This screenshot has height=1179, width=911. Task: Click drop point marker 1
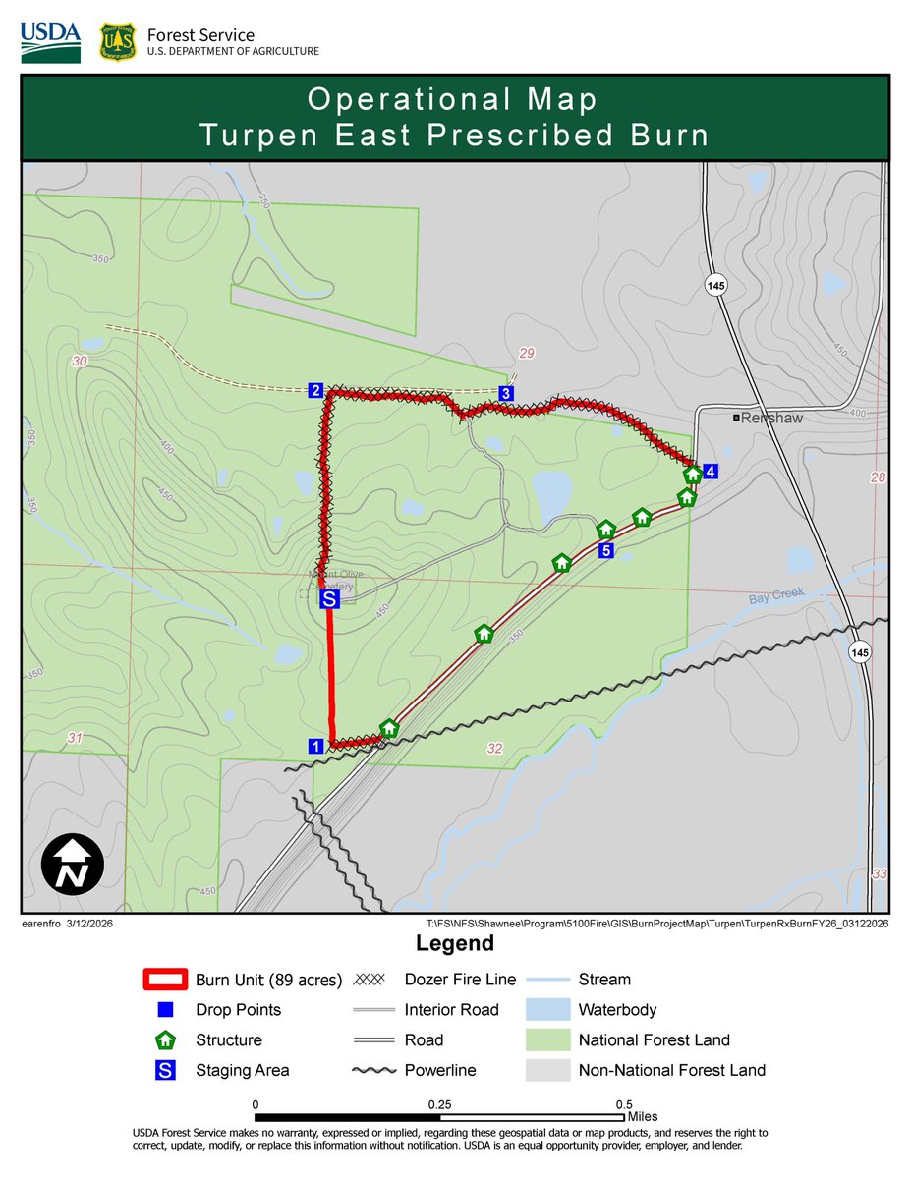pos(315,746)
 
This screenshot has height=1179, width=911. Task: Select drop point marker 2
pos(315,391)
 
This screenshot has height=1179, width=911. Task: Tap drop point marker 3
pos(505,394)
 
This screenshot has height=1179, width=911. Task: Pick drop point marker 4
pos(711,471)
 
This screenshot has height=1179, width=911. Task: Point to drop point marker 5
pos(606,551)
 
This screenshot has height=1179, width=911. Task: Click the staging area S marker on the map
pos(330,597)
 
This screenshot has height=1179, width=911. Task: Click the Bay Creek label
pos(776,594)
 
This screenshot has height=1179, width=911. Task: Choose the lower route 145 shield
pos(860,652)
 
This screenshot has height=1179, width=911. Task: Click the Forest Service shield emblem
pos(117,42)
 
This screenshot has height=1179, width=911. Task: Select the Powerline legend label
pos(440,1070)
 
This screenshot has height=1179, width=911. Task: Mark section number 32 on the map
pos(494,749)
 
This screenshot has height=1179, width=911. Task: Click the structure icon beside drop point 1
pos(389,728)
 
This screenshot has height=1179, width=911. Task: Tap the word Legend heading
pos(455,944)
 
